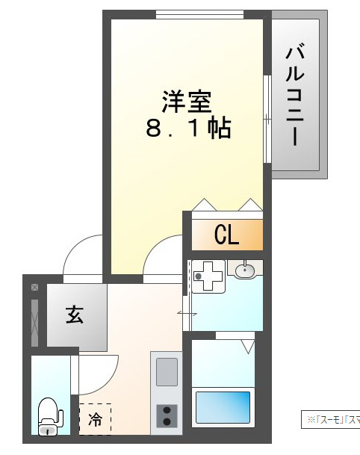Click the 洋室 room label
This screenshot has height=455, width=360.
point(187,99)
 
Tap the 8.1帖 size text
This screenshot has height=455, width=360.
point(187,129)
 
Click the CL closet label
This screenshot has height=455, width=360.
point(226,235)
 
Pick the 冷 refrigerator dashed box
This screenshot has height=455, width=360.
point(96,418)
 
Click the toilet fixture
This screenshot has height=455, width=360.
point(49,415)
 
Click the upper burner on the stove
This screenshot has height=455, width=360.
point(166,409)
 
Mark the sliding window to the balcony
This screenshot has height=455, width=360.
point(267,118)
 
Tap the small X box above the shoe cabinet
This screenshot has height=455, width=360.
point(34,287)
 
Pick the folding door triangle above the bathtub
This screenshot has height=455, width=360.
point(246,345)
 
